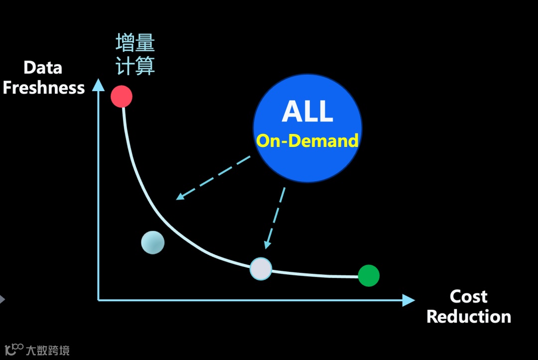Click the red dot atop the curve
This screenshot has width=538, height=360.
(x=122, y=96)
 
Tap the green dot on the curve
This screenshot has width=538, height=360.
(x=369, y=275)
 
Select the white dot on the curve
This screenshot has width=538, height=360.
(x=261, y=269)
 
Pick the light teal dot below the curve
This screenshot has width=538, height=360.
(x=152, y=242)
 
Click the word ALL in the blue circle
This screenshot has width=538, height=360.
(x=307, y=111)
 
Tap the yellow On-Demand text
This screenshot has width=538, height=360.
(x=307, y=141)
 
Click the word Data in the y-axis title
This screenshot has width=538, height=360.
(x=43, y=68)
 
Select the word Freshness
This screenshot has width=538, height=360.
(x=44, y=88)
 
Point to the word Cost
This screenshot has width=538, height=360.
(x=468, y=297)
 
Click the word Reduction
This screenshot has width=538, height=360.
(x=469, y=317)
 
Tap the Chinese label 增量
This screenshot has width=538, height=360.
(x=135, y=43)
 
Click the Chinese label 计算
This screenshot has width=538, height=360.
(x=135, y=66)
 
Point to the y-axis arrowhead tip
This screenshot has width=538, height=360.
(x=99, y=81)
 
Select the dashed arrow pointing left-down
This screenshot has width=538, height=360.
(x=213, y=178)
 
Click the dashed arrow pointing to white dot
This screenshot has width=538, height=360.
(x=276, y=218)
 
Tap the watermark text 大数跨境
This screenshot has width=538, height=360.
(x=48, y=350)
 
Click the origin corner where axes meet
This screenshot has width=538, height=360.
(x=99, y=300)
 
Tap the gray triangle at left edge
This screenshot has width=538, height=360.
(x=2, y=299)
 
